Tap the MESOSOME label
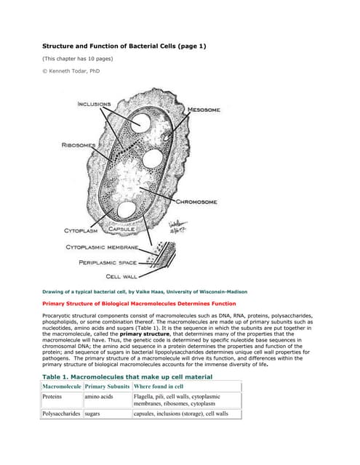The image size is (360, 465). tap(204, 110)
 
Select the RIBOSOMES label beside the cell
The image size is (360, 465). tap(79, 145)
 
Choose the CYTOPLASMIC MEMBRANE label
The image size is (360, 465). tap(102, 247)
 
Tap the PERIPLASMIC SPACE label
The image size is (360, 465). tap(109, 262)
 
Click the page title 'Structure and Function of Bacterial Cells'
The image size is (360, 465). tap(124, 46)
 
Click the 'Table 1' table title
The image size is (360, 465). tap(127, 377)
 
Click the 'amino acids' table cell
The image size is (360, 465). tap(99, 397)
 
